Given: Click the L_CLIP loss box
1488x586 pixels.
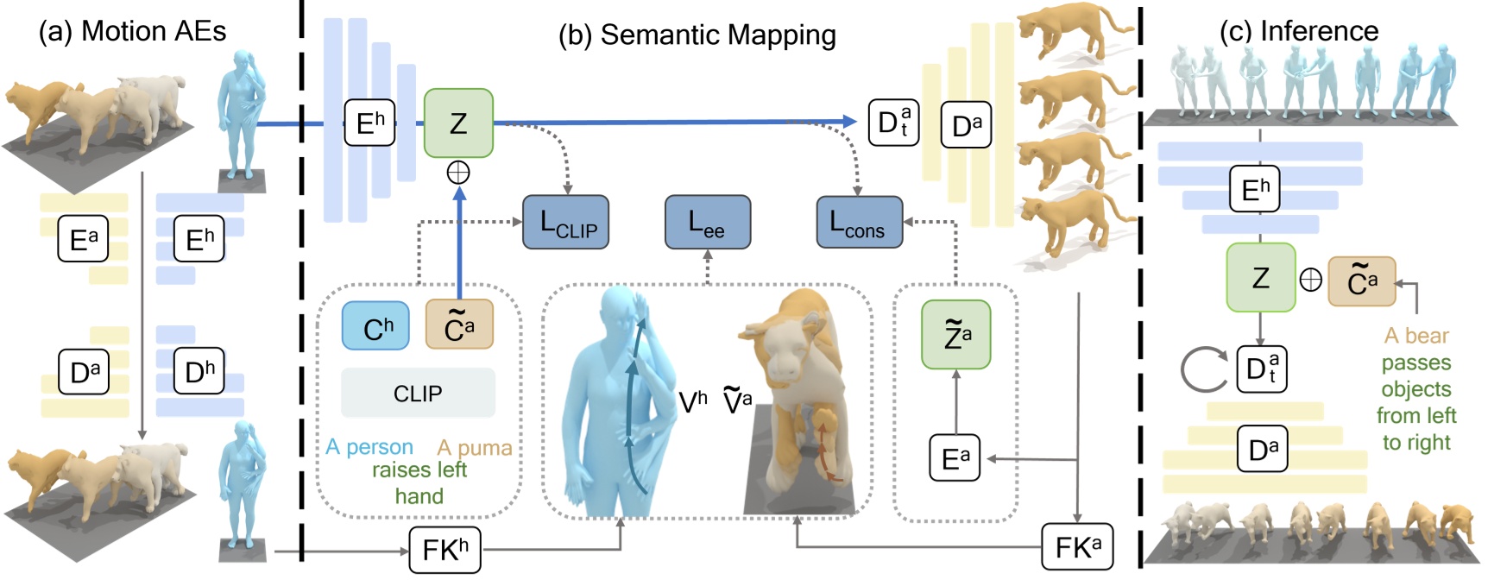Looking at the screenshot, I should pos(565,223).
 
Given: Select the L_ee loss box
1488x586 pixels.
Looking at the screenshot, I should pos(707,222).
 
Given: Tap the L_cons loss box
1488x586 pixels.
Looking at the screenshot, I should pos(859,223).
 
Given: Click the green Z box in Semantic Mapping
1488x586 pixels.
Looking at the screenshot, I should pos(458,123).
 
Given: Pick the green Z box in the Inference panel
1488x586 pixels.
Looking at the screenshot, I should pos(1260,277).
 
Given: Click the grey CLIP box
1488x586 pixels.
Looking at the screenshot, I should pos(418,394).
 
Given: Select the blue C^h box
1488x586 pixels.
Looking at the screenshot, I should pos(375,326).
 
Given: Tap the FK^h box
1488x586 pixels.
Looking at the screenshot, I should pos(445,550).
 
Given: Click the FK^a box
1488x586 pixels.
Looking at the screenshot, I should pos(1077,547).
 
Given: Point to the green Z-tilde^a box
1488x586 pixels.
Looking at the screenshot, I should pos(955,334).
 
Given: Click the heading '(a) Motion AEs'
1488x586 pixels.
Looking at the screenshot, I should pos(132,31).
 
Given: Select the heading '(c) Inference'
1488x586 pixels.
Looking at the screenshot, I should pos(1298,31).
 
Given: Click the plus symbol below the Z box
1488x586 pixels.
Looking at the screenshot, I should pos(458,173).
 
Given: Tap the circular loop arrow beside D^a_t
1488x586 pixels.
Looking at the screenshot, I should pos(1203,369).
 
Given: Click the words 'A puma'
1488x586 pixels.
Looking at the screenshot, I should pos(475,447).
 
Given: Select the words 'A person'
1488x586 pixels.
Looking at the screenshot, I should pos(369,447).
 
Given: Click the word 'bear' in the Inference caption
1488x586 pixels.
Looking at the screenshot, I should pos(1428,336).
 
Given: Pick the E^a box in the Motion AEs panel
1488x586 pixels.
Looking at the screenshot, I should pos(83,238).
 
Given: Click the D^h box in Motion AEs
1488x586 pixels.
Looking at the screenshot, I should pos(199,372).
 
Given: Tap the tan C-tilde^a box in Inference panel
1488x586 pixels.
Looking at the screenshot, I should pos(1361,281).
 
